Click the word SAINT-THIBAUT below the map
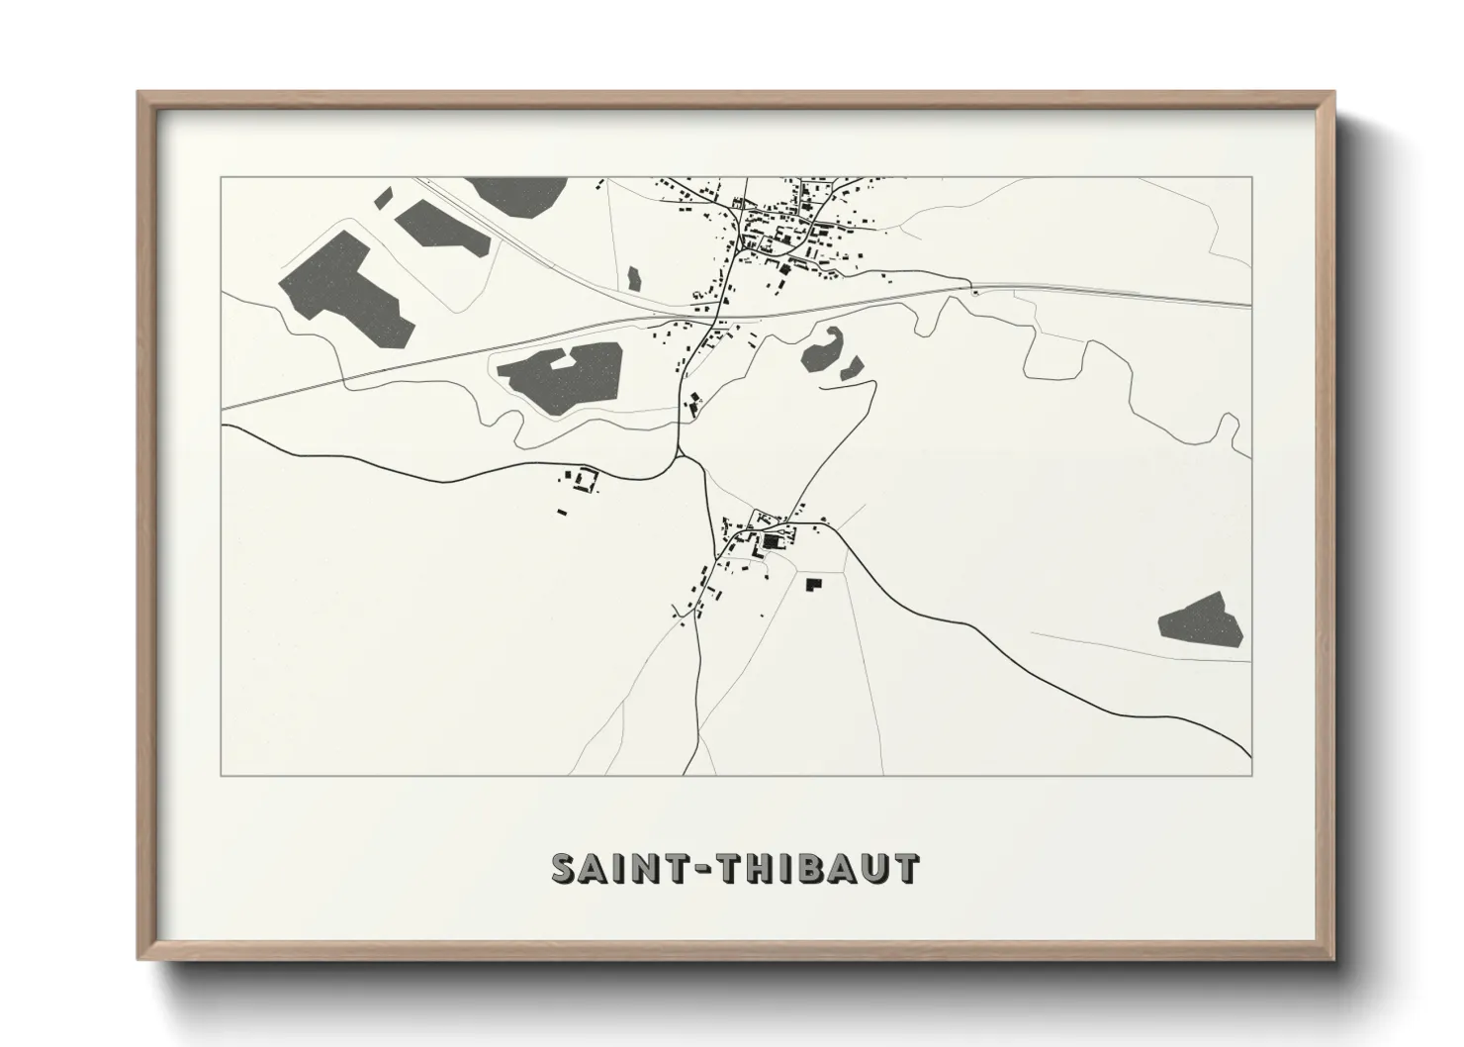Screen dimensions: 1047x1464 click(735, 868)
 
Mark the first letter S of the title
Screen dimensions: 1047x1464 click(564, 868)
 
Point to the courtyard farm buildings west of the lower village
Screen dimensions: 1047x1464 click(584, 481)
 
